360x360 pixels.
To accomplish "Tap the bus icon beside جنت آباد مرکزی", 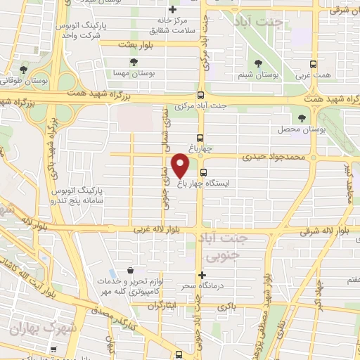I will coord(201,96).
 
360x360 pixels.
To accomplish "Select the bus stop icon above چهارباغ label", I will coord(201,138).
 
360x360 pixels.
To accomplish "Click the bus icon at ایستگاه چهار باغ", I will coord(204,172).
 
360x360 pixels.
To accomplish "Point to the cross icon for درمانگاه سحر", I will coord(202,274).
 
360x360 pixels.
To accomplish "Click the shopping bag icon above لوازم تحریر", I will coord(130,270).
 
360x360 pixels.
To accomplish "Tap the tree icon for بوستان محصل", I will coord(302,117).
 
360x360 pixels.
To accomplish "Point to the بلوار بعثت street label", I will coord(147,44).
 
